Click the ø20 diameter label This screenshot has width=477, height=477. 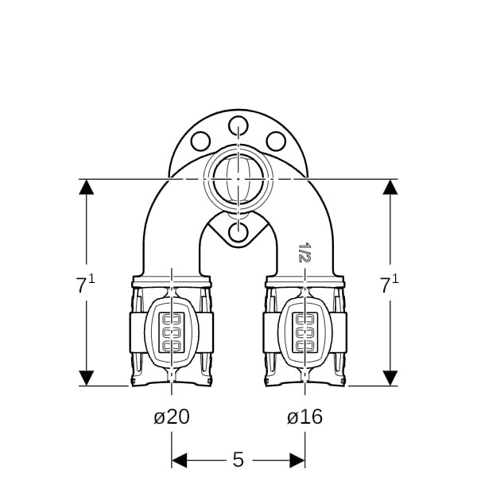(x=172, y=417)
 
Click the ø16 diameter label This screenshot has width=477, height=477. (x=304, y=417)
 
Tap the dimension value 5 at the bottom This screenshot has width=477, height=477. (x=238, y=460)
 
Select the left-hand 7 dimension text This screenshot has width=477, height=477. (x=85, y=284)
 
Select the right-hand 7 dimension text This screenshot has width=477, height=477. (x=390, y=284)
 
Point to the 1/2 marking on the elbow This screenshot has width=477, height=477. (x=304, y=252)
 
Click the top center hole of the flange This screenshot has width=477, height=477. (x=238, y=126)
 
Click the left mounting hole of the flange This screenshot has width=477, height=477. (x=201, y=142)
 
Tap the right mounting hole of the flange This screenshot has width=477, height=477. (x=276, y=142)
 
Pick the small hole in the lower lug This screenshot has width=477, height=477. (x=238, y=232)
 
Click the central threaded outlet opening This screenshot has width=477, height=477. (x=238, y=179)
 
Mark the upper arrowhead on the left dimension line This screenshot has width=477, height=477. (x=87, y=187)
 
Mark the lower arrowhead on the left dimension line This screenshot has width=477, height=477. (x=87, y=378)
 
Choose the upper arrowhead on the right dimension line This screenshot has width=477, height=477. (x=390, y=187)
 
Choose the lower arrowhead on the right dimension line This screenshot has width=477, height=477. (x=390, y=378)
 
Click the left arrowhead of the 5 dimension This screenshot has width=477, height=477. (x=179, y=460)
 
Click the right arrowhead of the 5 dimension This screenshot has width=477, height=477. (x=297, y=460)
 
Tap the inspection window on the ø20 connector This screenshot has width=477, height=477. (x=173, y=333)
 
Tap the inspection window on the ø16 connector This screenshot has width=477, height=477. (x=305, y=333)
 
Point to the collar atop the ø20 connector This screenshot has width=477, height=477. (x=172, y=281)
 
